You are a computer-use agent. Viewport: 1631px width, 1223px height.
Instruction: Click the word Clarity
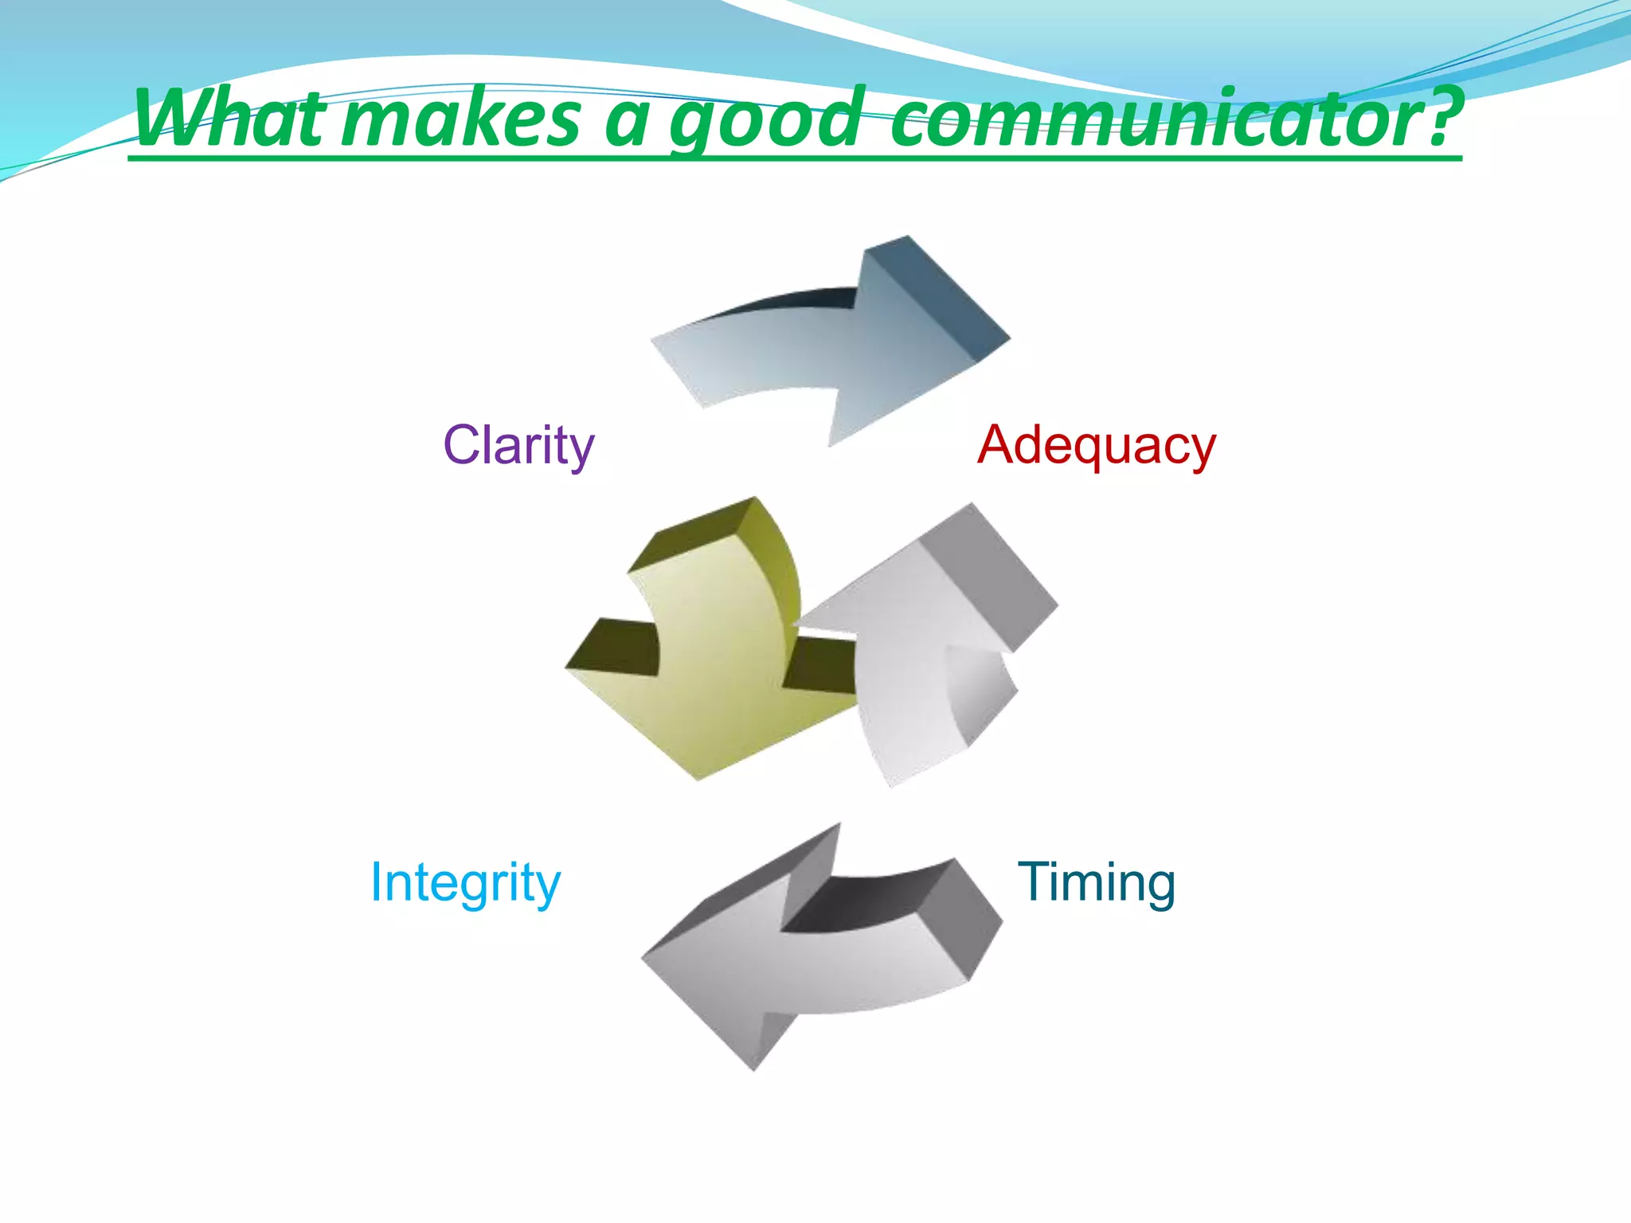pos(518,446)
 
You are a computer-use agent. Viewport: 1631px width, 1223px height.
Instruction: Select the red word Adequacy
pos(1096,446)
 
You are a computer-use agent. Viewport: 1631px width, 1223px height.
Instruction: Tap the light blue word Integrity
pos(466,884)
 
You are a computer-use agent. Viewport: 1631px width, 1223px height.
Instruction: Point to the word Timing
pos(1096,884)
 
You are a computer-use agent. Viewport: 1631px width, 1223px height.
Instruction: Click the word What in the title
pos(231,119)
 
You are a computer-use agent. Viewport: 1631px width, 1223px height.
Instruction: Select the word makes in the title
pos(462,119)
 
